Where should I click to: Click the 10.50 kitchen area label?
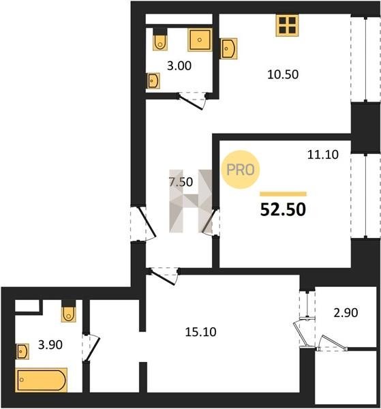[x=283, y=74]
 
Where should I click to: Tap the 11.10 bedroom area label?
[x=323, y=155]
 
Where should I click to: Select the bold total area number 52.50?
[x=283, y=210]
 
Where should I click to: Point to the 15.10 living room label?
[x=200, y=332]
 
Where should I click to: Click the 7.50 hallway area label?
[x=181, y=182]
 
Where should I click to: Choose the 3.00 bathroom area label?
[x=179, y=65]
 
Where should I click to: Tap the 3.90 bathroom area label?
[x=50, y=345]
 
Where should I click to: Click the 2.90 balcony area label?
[x=346, y=312]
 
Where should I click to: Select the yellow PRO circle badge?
[x=240, y=170]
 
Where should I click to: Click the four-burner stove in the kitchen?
[x=287, y=25]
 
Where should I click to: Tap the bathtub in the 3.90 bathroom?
[x=41, y=380]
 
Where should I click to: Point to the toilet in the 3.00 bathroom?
[x=160, y=39]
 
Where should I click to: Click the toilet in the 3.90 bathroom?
[x=69, y=312]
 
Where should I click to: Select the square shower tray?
[x=200, y=40]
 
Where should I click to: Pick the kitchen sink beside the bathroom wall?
[x=229, y=49]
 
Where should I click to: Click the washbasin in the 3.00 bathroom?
[x=153, y=81]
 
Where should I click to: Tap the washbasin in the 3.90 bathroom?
[x=22, y=351]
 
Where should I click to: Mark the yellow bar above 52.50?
[x=284, y=194]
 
